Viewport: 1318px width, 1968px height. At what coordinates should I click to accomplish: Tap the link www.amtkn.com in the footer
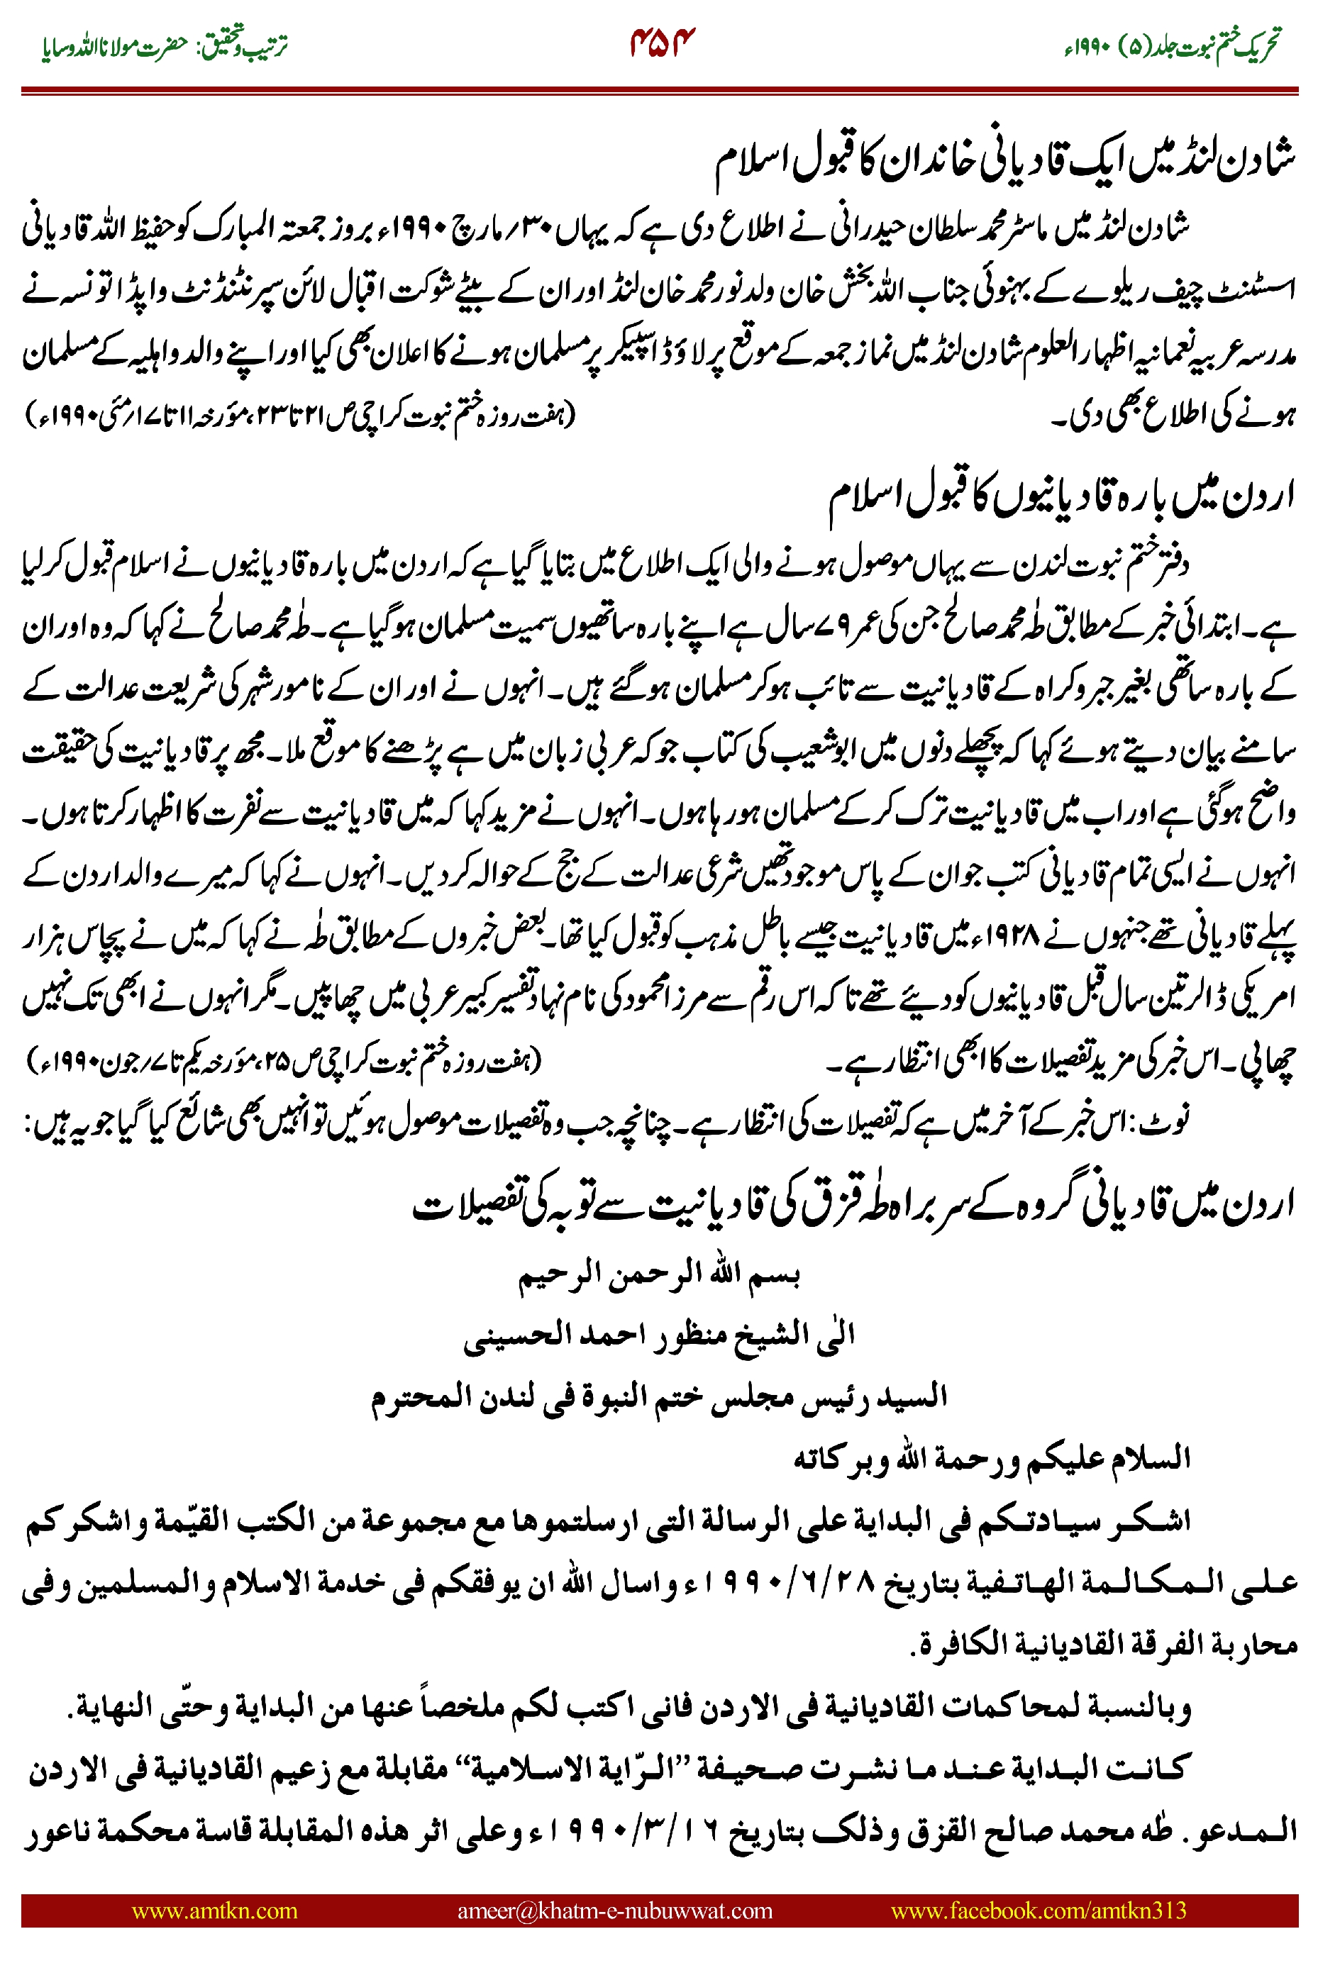coord(214,1910)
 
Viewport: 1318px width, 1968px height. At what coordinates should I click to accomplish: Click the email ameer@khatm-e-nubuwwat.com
coord(614,1910)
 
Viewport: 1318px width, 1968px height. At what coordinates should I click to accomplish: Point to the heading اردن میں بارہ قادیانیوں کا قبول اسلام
coord(1061,499)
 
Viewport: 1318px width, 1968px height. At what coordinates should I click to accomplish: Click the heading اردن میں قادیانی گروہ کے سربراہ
coord(853,1204)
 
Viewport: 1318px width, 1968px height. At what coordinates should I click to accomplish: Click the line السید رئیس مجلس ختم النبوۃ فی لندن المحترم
coord(659,1396)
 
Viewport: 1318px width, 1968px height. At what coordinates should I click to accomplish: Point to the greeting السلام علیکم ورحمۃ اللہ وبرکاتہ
coord(992,1458)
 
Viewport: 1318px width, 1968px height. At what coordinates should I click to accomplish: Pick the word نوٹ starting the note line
coord(1172,1122)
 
